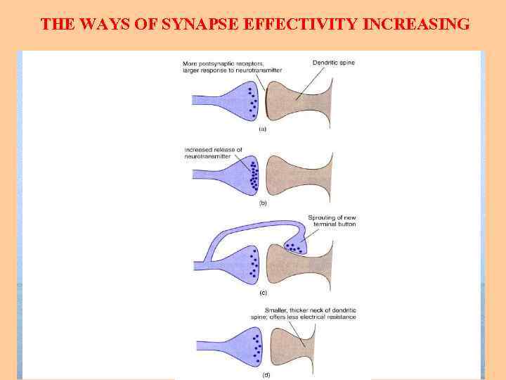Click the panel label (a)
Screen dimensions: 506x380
tap(263, 129)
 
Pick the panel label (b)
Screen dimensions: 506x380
tap(263, 203)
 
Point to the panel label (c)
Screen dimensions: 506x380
tap(263, 291)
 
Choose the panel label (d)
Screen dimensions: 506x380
tap(265, 375)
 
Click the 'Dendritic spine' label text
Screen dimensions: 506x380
tap(334, 63)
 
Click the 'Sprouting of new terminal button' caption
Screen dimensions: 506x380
tap(332, 220)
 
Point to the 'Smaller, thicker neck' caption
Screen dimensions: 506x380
tap(310, 313)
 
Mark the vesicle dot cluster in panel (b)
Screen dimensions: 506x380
tap(252, 177)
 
